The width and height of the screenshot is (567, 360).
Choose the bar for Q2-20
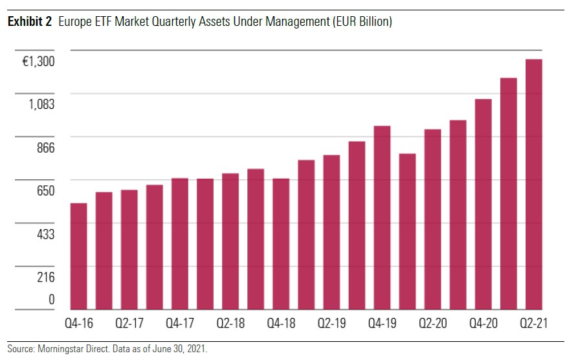[x=432, y=219]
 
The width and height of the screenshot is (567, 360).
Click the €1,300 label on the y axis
[x=38, y=62]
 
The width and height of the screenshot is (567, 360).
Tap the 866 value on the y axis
[x=45, y=148]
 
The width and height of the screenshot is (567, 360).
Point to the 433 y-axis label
[x=45, y=234]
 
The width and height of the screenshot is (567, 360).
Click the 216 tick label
[x=45, y=277]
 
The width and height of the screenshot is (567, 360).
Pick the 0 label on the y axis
[x=51, y=299]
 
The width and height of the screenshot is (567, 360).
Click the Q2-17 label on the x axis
[x=129, y=322]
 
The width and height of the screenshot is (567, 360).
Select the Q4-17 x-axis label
[x=179, y=322]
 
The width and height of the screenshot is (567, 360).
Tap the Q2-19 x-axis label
[x=331, y=322]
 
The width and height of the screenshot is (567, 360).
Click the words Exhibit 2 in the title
[x=29, y=22]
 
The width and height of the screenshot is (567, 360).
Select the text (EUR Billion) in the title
[x=361, y=22]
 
